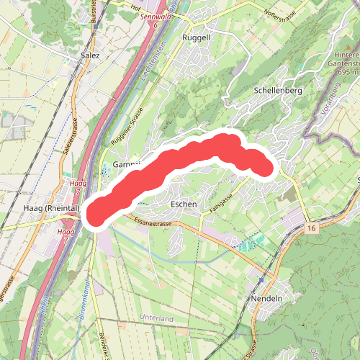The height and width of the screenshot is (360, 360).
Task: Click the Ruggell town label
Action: tap(196, 37)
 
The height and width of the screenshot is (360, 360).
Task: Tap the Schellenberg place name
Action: tap(277, 91)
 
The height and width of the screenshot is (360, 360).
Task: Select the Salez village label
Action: tap(91, 55)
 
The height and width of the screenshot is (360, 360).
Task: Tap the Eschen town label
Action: tap(184, 204)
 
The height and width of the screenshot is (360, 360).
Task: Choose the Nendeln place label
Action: tap(264, 297)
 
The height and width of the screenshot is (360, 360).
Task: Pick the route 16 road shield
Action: tap(311, 228)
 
